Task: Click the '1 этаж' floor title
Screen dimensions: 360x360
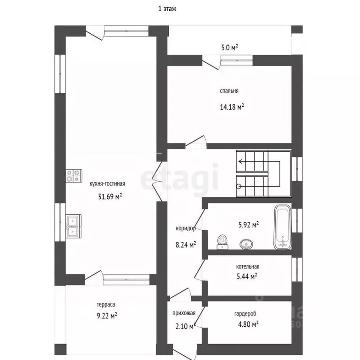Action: coord(167,9)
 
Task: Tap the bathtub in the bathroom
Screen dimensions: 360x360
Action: coord(282,227)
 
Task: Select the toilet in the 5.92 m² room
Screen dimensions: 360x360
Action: coord(222,242)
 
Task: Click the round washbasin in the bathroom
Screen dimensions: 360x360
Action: coord(247,244)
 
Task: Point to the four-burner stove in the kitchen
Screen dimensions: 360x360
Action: coord(74,176)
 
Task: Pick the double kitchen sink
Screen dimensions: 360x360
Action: coord(74,226)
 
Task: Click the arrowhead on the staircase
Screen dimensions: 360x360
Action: coord(240,161)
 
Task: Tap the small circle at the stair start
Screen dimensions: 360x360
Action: coord(239,186)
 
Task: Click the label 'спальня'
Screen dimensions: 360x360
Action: coord(229,91)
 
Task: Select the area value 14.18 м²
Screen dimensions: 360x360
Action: coord(232,107)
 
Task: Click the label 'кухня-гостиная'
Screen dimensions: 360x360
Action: coord(107,184)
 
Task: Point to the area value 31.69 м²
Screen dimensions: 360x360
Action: coord(110,196)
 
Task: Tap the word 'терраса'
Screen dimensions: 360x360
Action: coord(106,305)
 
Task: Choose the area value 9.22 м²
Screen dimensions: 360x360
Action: coord(107,316)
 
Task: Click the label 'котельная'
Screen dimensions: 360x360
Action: coord(247,267)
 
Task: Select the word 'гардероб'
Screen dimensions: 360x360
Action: coord(245,314)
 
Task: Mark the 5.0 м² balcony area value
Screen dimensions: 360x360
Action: coord(229,47)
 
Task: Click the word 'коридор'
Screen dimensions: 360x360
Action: coord(186,228)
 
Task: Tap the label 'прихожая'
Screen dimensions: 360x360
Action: coord(184,313)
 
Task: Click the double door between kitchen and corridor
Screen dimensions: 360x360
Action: coord(157,181)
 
